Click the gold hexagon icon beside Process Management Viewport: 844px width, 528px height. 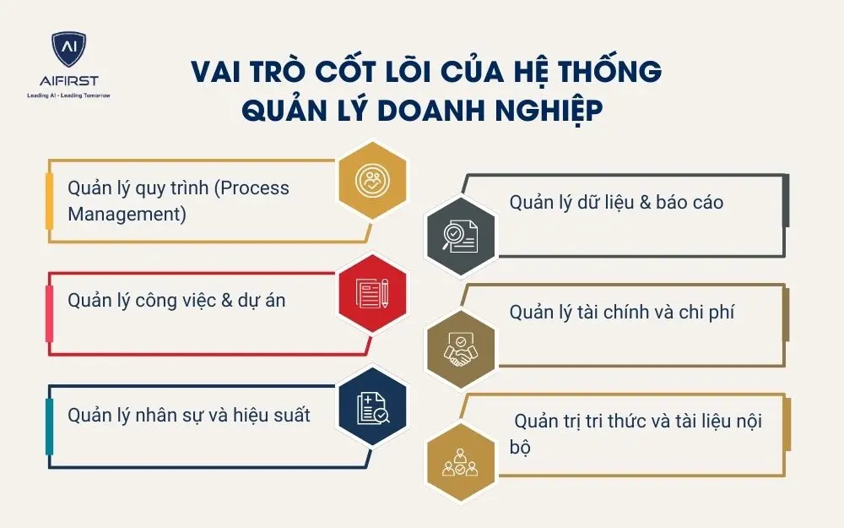pos(372,180)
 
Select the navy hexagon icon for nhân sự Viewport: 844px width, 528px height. pos(372,406)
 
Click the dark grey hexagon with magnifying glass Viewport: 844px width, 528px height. pos(457,234)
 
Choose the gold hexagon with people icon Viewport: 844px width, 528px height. pos(457,460)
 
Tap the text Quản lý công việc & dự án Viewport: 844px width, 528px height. pos(176,300)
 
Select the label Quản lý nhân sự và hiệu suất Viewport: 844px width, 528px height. pos(189,415)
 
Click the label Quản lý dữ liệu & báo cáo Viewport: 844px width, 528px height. pos(616,203)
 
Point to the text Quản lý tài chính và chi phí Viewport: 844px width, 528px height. pos(622,312)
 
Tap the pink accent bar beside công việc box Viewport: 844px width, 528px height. pos(49,313)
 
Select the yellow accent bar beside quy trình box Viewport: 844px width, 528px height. pos(49,200)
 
